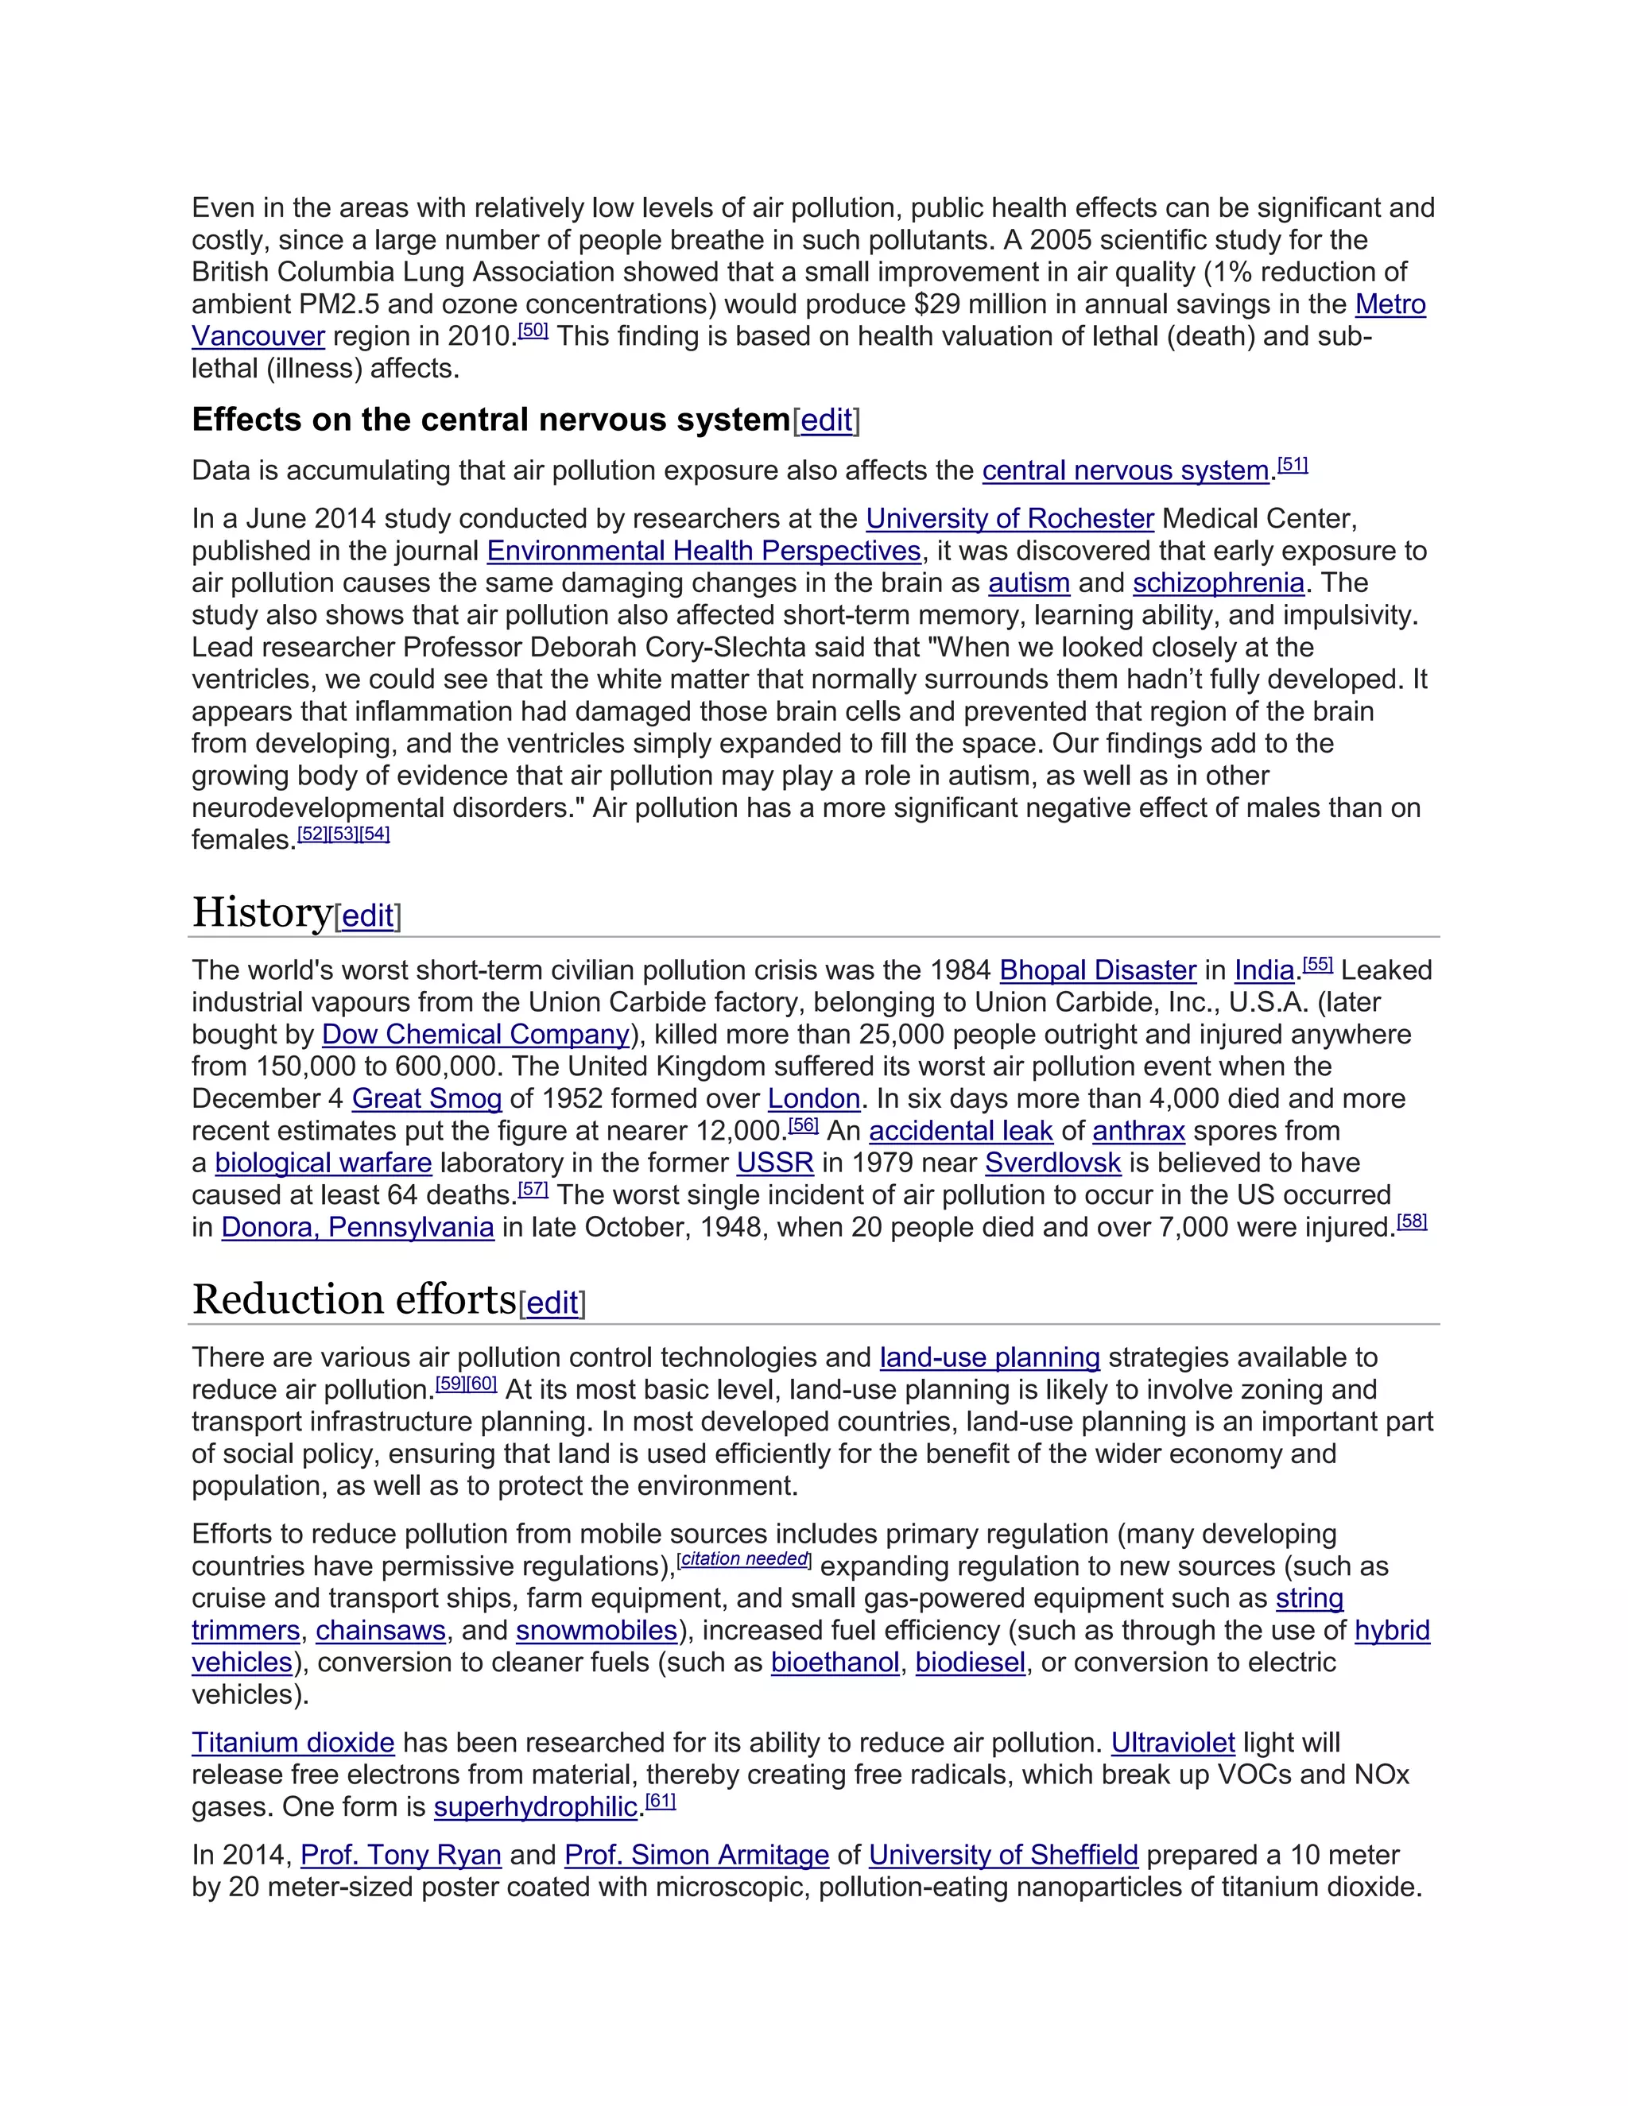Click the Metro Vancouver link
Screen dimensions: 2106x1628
point(1389,304)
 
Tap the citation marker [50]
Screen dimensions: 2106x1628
point(533,331)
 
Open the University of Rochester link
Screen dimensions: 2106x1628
point(1009,519)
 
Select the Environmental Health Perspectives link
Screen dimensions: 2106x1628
point(703,551)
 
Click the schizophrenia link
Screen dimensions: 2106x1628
point(1218,583)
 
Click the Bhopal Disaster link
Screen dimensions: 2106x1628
point(1098,970)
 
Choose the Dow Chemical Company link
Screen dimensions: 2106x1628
point(475,1035)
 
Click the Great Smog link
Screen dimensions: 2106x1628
point(426,1099)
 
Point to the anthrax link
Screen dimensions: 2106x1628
point(1138,1131)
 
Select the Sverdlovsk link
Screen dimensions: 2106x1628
point(1052,1163)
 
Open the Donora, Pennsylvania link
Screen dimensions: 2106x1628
point(357,1228)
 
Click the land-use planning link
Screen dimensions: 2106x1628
point(989,1357)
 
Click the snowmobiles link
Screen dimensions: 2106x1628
point(596,1631)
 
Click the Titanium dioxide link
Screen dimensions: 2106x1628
point(293,1744)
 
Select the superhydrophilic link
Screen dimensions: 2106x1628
point(535,1807)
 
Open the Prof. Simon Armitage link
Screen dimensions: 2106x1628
point(696,1856)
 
